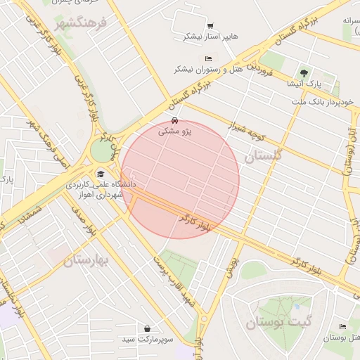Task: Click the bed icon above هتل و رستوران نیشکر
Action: point(207,58)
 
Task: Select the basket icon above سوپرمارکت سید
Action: point(147,328)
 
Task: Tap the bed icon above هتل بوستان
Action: point(342,327)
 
